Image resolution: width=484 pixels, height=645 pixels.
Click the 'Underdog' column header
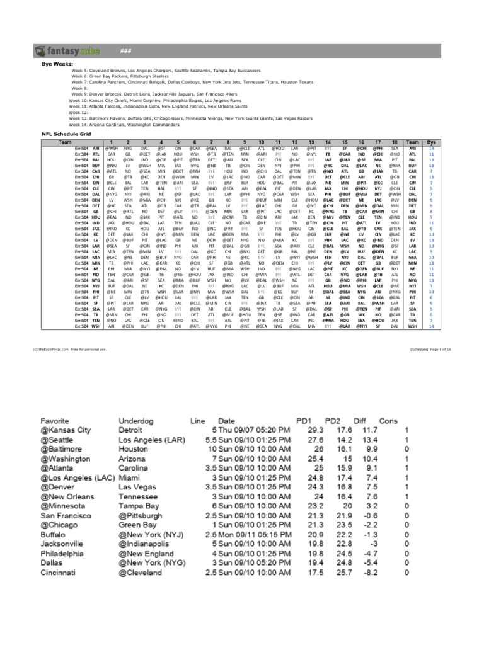(x=139, y=420)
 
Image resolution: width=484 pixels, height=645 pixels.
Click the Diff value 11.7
(x=367, y=430)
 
